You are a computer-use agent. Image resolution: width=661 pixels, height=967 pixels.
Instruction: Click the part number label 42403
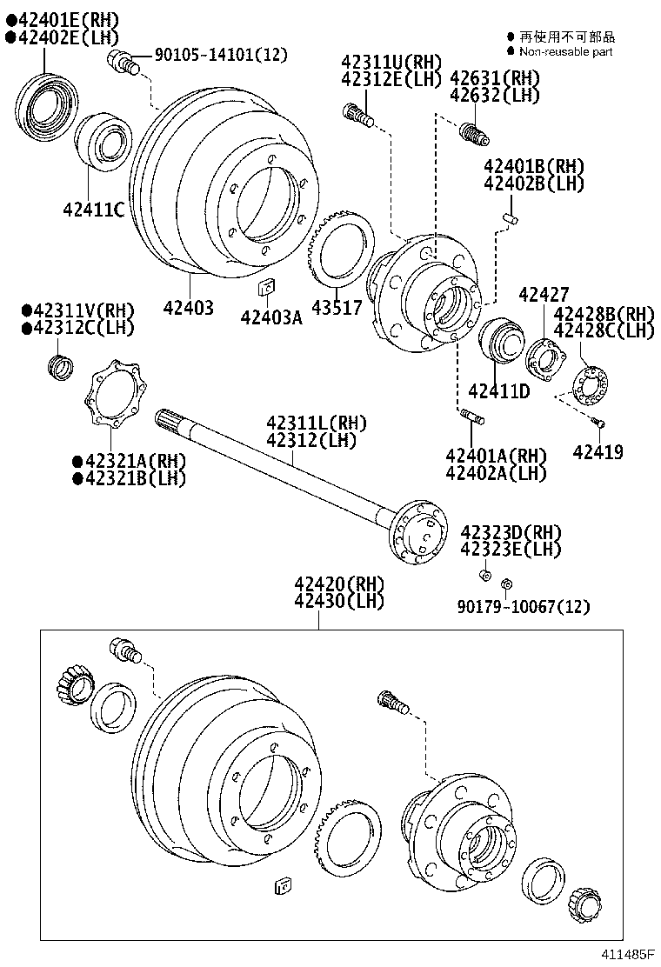pyautogui.click(x=187, y=308)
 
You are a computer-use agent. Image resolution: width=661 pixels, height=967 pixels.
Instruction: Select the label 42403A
pyautogui.click(x=271, y=317)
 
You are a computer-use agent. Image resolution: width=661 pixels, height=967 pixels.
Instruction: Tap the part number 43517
pyautogui.click(x=337, y=308)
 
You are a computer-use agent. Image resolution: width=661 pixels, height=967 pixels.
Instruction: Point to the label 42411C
pyautogui.click(x=93, y=209)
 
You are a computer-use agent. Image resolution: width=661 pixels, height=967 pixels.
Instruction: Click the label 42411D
pyautogui.click(x=498, y=391)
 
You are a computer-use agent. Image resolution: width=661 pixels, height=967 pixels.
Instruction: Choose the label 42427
pyautogui.click(x=544, y=295)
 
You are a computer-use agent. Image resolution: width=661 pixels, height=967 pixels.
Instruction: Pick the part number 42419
pyautogui.click(x=598, y=452)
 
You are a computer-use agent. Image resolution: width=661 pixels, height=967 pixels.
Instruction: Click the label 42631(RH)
pyautogui.click(x=494, y=78)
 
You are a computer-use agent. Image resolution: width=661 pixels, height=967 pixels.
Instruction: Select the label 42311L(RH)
pyautogui.click(x=317, y=423)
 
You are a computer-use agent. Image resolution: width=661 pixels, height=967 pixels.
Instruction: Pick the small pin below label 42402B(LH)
pyautogui.click(x=512, y=215)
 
